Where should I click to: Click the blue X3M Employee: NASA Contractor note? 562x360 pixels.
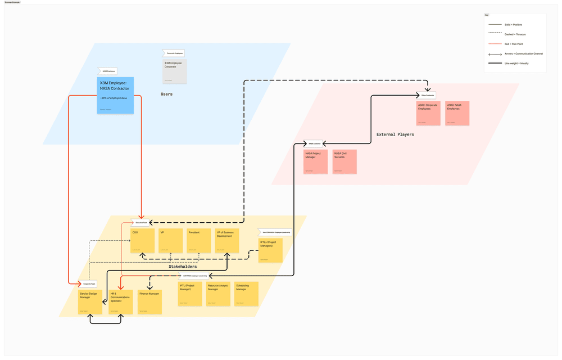115,95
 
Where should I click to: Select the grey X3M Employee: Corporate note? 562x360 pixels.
174,71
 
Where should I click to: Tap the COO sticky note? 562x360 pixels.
142,240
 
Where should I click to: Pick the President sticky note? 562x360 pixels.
198,240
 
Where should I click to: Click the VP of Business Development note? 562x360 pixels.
227,240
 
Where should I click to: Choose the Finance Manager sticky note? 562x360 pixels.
149,302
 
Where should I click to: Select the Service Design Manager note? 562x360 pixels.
90,302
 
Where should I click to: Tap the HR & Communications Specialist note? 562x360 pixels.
120,302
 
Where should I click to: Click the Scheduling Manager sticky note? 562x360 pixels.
246,294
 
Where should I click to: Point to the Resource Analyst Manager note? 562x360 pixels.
218,294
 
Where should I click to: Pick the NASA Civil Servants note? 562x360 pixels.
344,161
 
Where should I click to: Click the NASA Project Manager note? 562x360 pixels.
315,161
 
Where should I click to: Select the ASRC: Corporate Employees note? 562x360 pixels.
428,113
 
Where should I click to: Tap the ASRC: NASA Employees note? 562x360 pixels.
457,113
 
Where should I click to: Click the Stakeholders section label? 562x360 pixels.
183,267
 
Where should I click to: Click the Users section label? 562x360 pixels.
166,94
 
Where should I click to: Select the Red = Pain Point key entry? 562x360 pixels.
515,43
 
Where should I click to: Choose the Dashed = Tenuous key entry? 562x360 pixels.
515,34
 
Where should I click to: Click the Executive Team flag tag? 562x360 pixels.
141,223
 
